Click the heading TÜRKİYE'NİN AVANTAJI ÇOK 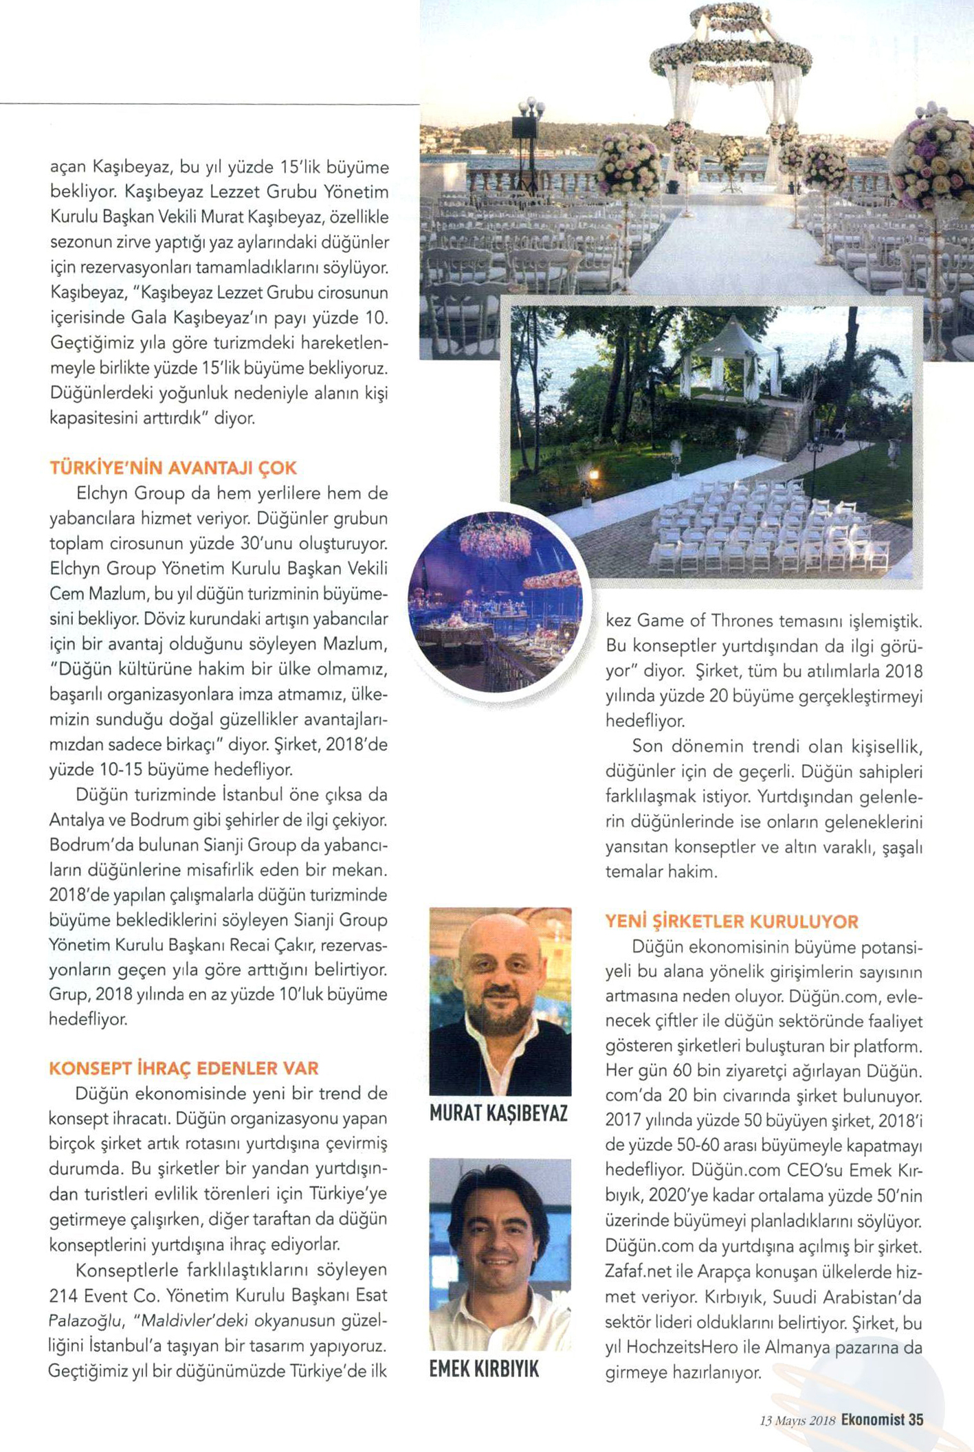(x=173, y=468)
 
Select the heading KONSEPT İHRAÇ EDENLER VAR (x=184, y=1068)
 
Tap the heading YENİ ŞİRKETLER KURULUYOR (x=731, y=922)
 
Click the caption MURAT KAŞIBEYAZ (x=498, y=1113)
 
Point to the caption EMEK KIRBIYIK (x=484, y=1370)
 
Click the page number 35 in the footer (x=915, y=1420)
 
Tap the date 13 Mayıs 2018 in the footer (x=797, y=1420)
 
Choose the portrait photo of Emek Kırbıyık (x=500, y=1255)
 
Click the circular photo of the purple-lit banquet (x=496, y=603)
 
